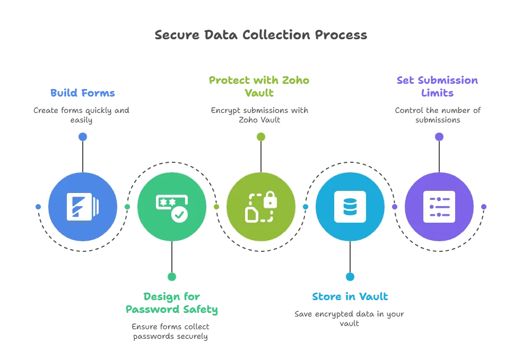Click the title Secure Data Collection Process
click(260, 36)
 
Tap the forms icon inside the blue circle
click(82, 207)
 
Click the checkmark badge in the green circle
click(179, 214)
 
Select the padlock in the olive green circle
click(270, 200)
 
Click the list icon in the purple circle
click(439, 207)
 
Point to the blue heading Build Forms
click(82, 93)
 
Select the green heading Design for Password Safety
click(172, 303)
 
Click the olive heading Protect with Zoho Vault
click(260, 86)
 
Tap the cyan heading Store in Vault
click(350, 296)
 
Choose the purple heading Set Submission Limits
click(438, 86)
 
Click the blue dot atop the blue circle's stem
click(82, 137)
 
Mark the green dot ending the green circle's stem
click(171, 277)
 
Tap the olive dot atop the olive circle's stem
click(260, 137)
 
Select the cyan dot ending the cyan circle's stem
click(350, 277)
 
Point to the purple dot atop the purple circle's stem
click(439, 137)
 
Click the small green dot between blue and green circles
click(127, 207)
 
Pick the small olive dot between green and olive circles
click(216, 207)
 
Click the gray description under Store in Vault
click(350, 318)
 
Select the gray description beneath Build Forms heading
click(82, 115)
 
